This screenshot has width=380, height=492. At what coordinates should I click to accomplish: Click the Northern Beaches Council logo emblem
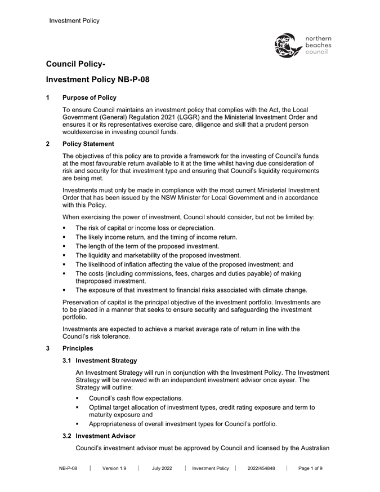pos(287,45)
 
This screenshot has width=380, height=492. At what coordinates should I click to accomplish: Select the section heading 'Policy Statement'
pos(88,144)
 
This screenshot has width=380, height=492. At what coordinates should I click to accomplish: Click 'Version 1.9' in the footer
pos(114,468)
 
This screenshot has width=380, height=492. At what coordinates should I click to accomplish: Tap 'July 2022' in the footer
pos(162,468)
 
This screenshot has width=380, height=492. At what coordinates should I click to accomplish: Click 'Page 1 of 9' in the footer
pos(310,468)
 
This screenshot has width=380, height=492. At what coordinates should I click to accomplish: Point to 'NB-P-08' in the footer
pos(68,468)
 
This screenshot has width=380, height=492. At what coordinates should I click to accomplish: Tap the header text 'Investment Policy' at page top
pos(74,21)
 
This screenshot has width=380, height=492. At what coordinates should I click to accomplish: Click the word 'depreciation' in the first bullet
pos(195,228)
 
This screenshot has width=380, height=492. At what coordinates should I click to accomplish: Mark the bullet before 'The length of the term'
pos(65,246)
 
